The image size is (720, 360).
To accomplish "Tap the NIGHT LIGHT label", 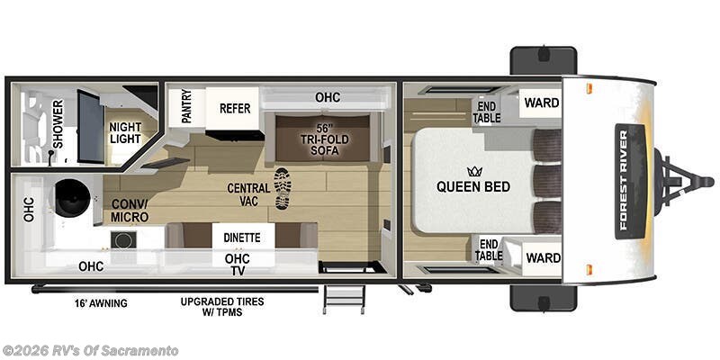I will click(x=125, y=133).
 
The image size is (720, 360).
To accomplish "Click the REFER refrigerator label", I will click(x=234, y=108).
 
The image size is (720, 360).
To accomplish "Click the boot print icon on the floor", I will click(x=282, y=188).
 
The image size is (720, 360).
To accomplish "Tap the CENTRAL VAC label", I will click(x=243, y=193).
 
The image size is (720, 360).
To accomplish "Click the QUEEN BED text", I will click(x=473, y=187).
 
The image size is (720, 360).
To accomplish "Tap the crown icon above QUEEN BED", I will click(x=473, y=170).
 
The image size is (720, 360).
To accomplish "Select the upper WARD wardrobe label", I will click(x=542, y=103).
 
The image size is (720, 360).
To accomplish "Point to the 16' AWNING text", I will click(x=100, y=303).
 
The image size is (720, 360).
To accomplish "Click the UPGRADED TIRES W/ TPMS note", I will click(x=221, y=307).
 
